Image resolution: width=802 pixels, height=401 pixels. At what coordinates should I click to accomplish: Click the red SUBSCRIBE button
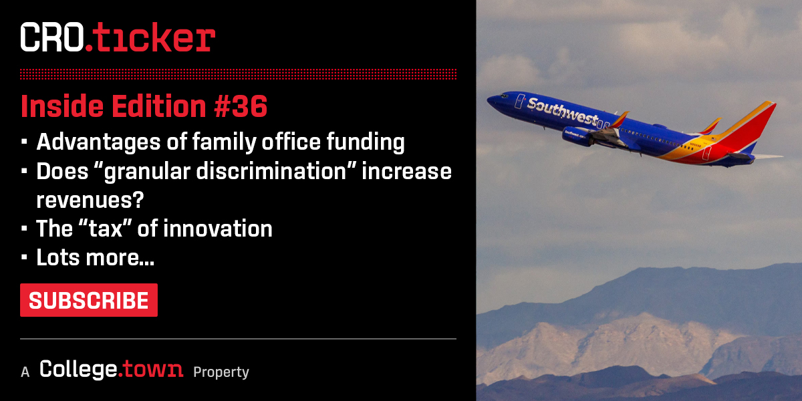89,300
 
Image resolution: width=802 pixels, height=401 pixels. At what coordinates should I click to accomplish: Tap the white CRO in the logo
52,37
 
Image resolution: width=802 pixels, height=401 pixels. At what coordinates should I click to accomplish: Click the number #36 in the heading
240,106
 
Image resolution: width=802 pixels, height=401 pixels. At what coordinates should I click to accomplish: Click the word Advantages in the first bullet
98,142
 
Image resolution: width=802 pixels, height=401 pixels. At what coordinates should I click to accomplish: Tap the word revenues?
90,200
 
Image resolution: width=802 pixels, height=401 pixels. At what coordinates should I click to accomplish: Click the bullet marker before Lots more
24,257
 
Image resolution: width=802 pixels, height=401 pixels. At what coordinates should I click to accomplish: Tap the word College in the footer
78,369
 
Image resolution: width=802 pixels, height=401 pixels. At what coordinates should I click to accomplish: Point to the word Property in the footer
221,372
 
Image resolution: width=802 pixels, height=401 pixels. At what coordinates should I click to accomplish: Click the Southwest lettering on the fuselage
562,112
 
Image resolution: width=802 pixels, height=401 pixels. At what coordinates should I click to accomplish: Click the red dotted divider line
238,74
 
